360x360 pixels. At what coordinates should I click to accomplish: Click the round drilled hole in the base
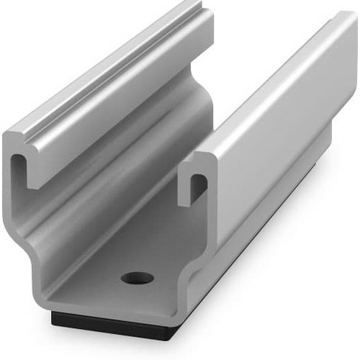[138, 277]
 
